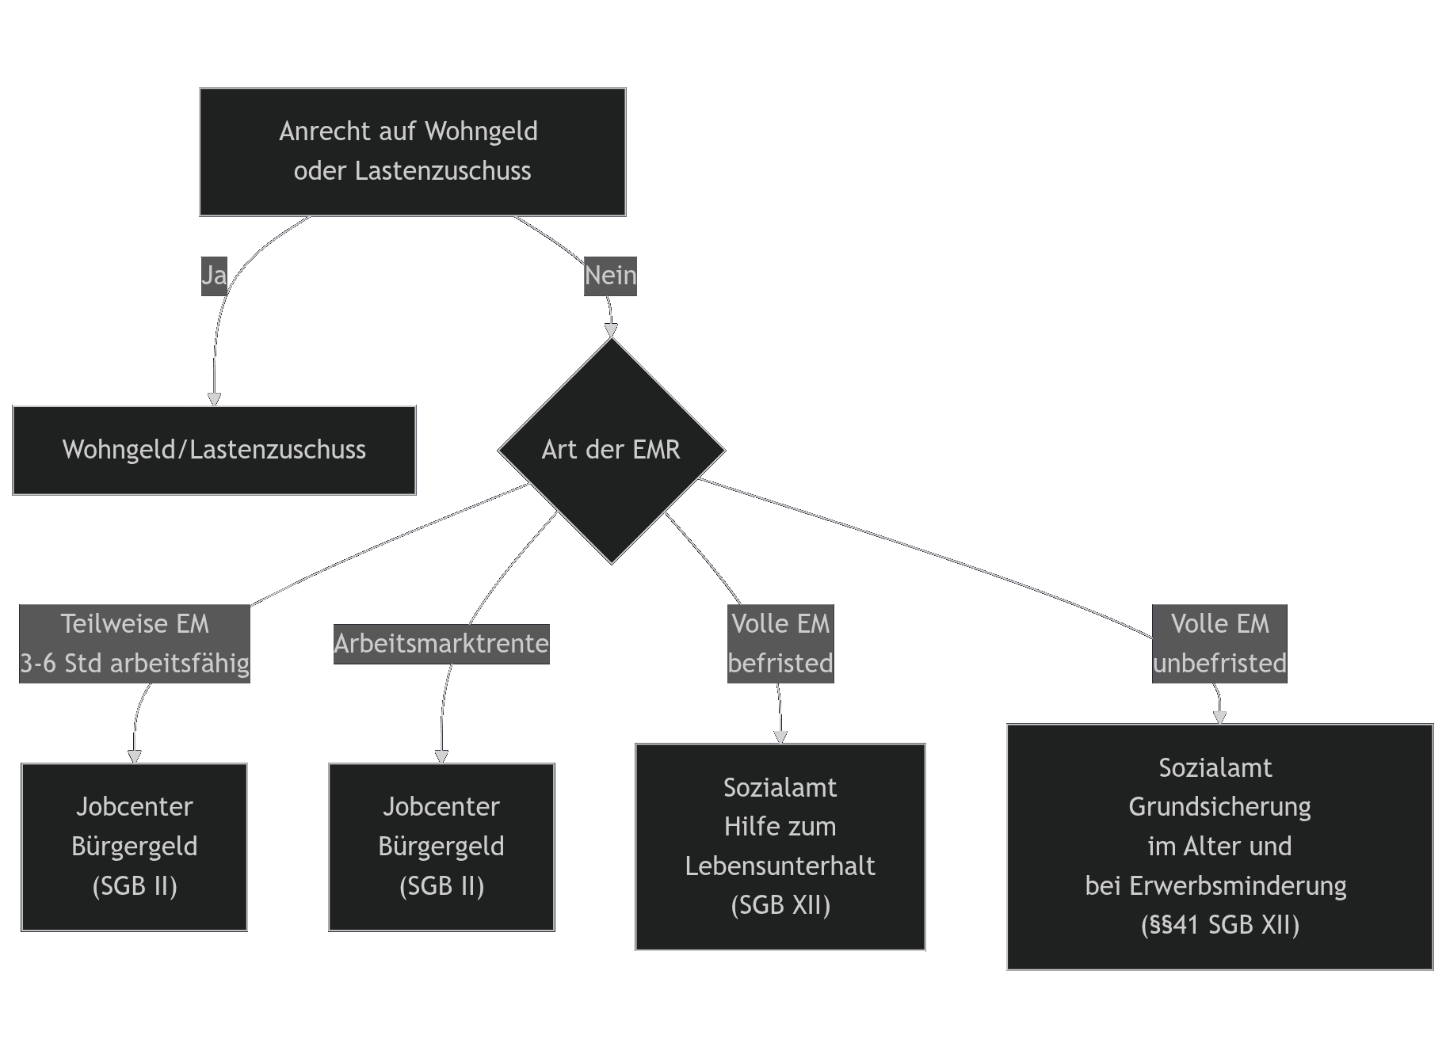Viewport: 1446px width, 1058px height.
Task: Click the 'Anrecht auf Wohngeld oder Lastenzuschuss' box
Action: click(412, 151)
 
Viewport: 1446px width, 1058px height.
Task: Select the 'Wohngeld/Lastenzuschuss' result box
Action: click(214, 450)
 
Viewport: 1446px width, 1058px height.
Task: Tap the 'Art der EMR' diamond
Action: click(611, 450)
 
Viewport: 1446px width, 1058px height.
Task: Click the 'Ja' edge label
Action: click(214, 276)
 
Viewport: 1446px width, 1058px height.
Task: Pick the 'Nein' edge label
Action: click(610, 276)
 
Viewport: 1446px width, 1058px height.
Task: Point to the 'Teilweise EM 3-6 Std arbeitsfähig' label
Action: click(135, 643)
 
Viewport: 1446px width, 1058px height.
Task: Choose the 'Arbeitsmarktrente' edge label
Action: click(441, 643)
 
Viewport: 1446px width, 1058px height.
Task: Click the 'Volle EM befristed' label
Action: click(780, 643)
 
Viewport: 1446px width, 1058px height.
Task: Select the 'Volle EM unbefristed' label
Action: click(1219, 643)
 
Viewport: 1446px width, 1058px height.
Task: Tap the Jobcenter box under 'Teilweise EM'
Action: click(135, 847)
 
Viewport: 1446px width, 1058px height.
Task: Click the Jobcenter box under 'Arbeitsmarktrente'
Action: click(441, 847)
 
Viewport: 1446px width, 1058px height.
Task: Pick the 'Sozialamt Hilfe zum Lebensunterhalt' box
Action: click(780, 847)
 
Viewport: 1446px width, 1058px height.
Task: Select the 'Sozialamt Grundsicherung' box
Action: click(1219, 847)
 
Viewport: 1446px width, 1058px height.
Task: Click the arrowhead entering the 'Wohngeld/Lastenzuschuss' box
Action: click(214, 399)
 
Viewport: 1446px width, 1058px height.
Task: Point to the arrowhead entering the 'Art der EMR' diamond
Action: click(611, 330)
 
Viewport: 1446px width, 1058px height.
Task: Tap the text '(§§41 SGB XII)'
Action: click(1220, 925)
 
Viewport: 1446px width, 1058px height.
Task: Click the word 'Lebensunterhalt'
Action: click(780, 866)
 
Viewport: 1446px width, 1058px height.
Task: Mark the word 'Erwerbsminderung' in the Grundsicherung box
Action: click(1238, 885)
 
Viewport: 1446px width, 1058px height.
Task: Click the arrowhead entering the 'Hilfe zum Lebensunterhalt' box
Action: click(780, 737)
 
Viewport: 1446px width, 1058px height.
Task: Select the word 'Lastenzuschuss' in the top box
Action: click(443, 171)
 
